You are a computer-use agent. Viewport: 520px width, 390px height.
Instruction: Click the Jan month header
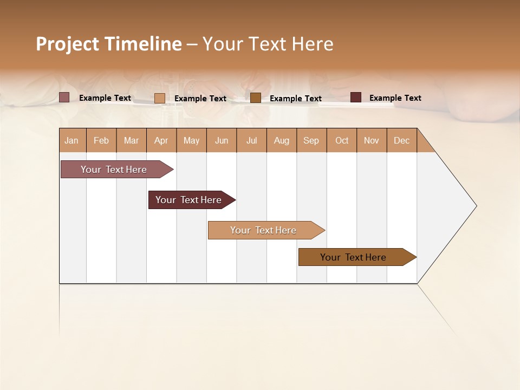(x=71, y=140)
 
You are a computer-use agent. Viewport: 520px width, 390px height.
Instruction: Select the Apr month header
(x=161, y=140)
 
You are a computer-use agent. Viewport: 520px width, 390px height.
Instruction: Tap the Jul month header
(x=251, y=140)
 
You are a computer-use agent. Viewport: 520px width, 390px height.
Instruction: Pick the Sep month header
(x=311, y=140)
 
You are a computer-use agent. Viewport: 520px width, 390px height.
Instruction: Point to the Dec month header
(x=401, y=140)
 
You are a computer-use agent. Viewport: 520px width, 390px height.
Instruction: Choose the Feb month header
(x=101, y=140)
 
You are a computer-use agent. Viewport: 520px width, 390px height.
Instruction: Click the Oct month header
(x=342, y=140)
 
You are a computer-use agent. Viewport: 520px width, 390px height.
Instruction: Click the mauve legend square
(x=64, y=97)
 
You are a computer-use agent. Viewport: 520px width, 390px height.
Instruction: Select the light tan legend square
(x=160, y=98)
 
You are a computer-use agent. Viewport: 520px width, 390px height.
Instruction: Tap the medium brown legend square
(x=256, y=97)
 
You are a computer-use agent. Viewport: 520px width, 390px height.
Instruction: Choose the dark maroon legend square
(x=356, y=97)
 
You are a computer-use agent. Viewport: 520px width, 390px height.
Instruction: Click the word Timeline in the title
(x=143, y=44)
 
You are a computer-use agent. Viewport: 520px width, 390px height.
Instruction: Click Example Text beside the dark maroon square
(x=395, y=98)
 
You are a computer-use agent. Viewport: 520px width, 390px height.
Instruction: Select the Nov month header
(x=372, y=140)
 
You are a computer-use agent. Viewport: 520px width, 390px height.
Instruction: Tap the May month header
(x=191, y=140)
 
